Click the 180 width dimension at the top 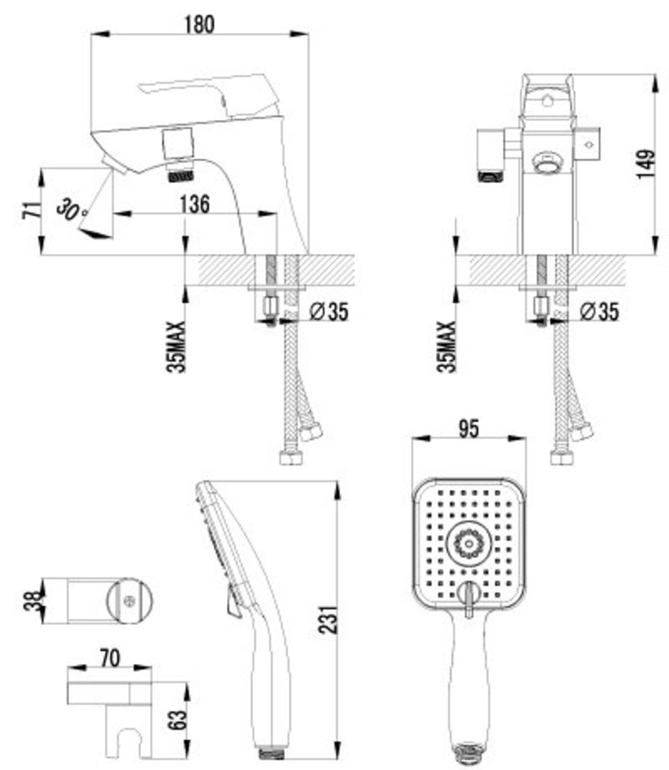tap(199, 24)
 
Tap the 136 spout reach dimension tap(194, 203)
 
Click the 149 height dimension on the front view tap(646, 165)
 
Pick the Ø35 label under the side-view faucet tap(329, 311)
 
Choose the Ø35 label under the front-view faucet tap(599, 311)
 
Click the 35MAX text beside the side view tap(177, 347)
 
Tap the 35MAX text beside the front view tap(446, 347)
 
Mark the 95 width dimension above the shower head tap(468, 428)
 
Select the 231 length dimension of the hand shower tap(328, 620)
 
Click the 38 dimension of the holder tap(32, 601)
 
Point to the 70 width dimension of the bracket tap(109, 658)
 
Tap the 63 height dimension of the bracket tap(179, 720)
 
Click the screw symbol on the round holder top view tap(130, 600)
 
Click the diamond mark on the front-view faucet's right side tap(589, 144)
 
